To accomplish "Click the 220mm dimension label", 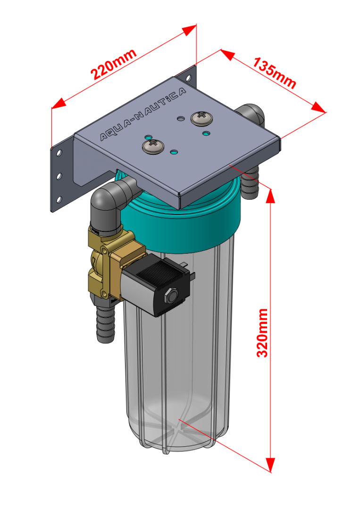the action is pyautogui.click(x=114, y=64).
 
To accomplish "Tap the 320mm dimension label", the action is pyautogui.click(x=262, y=333).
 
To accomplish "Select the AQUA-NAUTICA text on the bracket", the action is pyautogui.click(x=143, y=114).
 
